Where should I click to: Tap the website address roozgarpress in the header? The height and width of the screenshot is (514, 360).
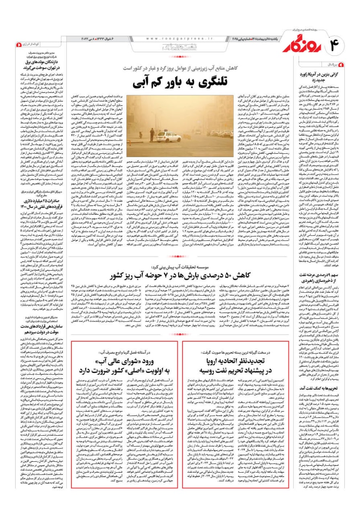coord(171,39)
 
